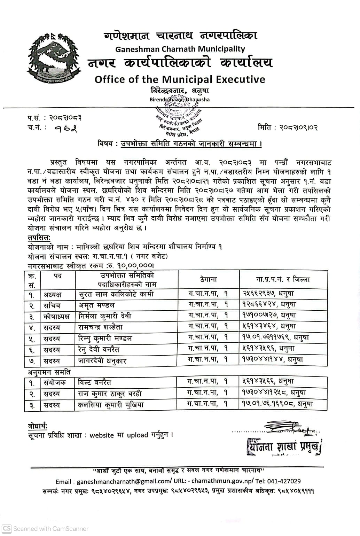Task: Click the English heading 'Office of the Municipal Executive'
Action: point(180,79)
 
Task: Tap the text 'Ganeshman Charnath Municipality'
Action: point(180,49)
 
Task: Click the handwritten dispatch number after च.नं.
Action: point(66,129)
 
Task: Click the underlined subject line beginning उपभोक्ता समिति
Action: point(191,143)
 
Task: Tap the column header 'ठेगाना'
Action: point(209,279)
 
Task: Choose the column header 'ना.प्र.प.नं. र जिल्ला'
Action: point(283,279)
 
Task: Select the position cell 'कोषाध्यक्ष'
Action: point(56,317)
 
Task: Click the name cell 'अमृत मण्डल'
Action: point(97,305)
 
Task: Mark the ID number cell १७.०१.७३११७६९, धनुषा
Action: point(275,337)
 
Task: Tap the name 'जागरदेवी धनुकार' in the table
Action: point(102,360)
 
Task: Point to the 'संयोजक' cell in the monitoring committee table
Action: point(54,382)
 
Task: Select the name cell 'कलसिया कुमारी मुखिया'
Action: point(111,405)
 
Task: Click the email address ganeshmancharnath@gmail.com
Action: point(124,481)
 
